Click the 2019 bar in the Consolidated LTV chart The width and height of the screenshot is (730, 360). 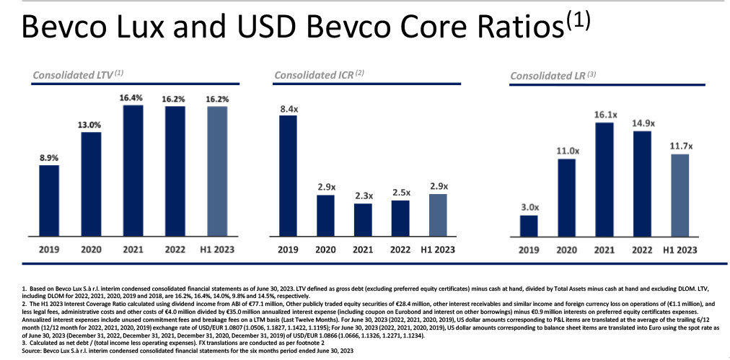click(x=49, y=201)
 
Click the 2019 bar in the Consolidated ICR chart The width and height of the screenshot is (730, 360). click(x=288, y=175)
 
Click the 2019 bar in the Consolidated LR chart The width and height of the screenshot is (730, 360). click(x=529, y=226)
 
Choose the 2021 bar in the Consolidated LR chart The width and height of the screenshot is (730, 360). click(x=604, y=179)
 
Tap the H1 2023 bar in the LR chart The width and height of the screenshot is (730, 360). click(x=679, y=195)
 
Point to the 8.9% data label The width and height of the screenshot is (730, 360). click(x=49, y=156)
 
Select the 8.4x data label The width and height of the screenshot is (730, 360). click(x=288, y=110)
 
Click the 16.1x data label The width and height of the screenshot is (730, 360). click(x=604, y=114)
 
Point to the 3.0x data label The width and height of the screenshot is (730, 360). click(x=529, y=207)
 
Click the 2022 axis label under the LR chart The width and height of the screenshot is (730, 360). click(x=641, y=250)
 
